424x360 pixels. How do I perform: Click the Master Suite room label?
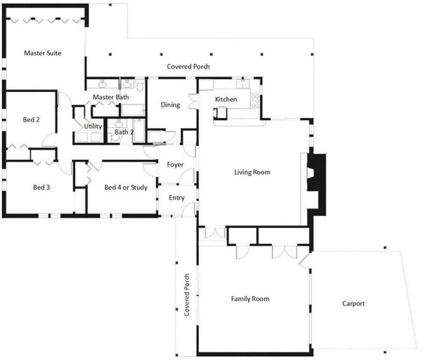(x=42, y=53)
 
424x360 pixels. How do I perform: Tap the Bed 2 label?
(x=31, y=119)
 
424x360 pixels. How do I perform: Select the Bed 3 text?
(x=41, y=187)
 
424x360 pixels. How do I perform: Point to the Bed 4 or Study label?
(x=126, y=187)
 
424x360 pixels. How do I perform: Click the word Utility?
(x=93, y=127)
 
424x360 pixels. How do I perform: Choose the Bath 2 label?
(x=124, y=132)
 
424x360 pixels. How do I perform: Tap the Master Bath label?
(x=111, y=97)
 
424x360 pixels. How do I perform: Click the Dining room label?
(x=170, y=105)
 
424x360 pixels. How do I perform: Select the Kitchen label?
(x=226, y=99)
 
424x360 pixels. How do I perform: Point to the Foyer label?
(x=175, y=164)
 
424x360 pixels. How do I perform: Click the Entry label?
(x=177, y=198)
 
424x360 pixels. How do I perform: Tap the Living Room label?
(x=252, y=172)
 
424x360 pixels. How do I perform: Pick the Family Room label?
(x=250, y=299)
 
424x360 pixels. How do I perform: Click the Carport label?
(x=354, y=303)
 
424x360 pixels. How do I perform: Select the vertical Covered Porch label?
(x=187, y=295)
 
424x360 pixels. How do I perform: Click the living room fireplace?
(x=316, y=185)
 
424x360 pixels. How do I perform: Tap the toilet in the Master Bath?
(x=140, y=85)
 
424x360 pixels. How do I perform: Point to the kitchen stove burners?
(x=255, y=100)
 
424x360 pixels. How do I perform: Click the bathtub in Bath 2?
(x=139, y=131)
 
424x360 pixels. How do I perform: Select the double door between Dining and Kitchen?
(x=193, y=101)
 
